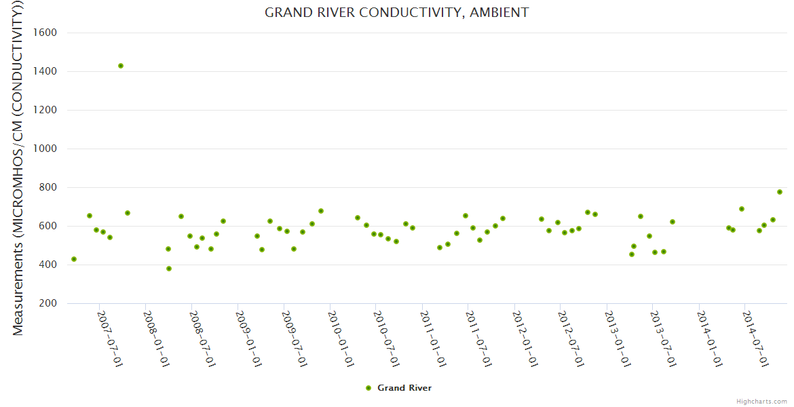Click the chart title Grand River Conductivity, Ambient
(x=396, y=12)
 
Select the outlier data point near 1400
(x=121, y=66)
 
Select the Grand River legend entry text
(x=404, y=388)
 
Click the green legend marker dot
(x=368, y=388)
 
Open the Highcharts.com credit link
(x=761, y=401)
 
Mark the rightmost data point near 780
(x=780, y=192)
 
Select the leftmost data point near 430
(x=74, y=259)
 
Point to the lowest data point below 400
(x=169, y=269)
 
